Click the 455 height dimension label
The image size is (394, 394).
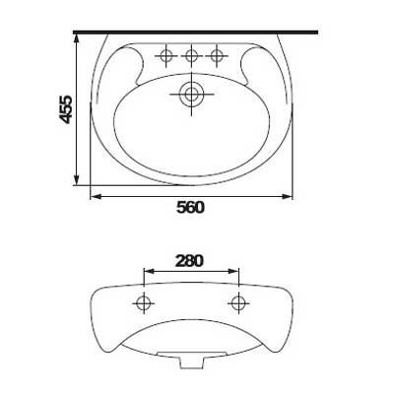click(66, 109)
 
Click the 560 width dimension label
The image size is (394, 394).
click(190, 208)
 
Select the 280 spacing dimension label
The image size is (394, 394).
click(189, 261)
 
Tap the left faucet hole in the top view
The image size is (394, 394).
click(166, 56)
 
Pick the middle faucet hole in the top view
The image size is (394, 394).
click(191, 56)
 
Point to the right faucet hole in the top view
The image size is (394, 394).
click(217, 56)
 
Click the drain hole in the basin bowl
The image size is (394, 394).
click(191, 95)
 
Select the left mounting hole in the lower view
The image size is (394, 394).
click(144, 302)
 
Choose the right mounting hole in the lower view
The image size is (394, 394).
click(238, 302)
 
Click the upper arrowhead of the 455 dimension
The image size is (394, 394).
click(76, 38)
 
